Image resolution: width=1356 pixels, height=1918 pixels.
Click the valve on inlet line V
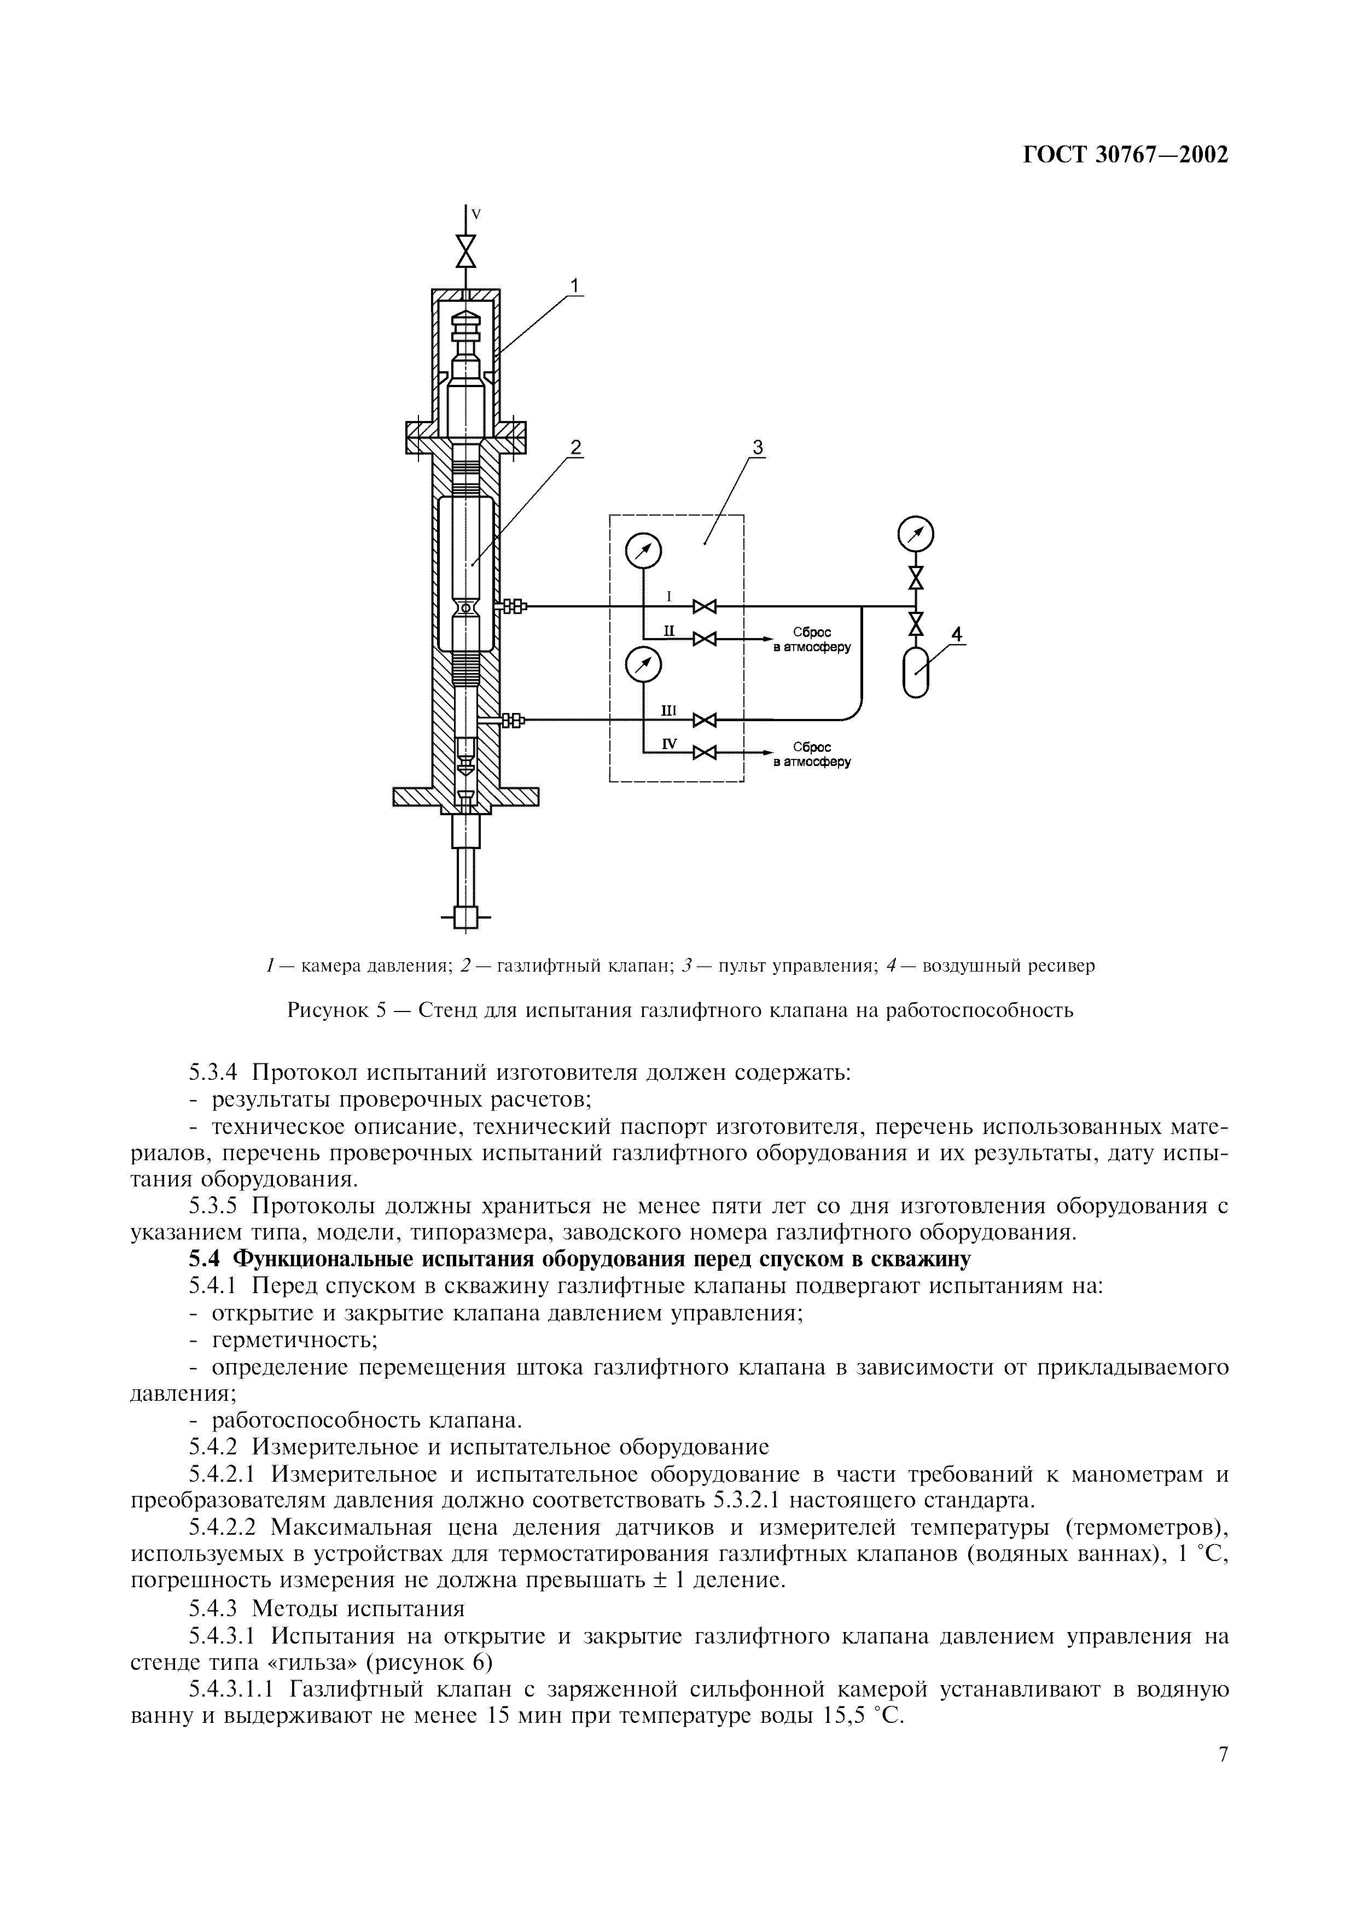point(465,250)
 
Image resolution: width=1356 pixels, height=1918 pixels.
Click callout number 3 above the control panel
point(758,448)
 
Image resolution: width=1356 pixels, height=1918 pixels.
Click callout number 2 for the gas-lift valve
point(575,448)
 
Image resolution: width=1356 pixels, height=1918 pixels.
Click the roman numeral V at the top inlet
point(476,215)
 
